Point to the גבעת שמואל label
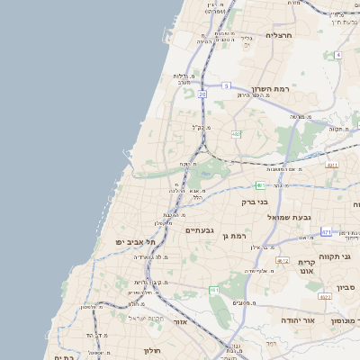click(289, 217)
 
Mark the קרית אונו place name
click(306, 266)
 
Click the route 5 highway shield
click(226, 85)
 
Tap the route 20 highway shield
click(202, 94)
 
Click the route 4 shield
click(337, 55)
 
